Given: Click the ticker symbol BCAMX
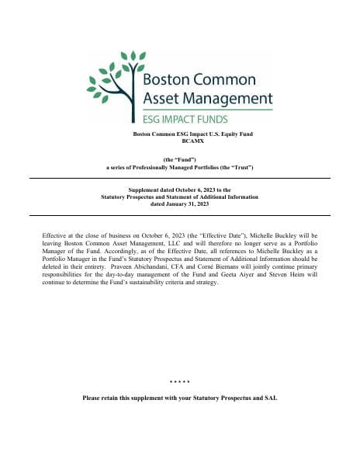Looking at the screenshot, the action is tap(181, 141).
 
